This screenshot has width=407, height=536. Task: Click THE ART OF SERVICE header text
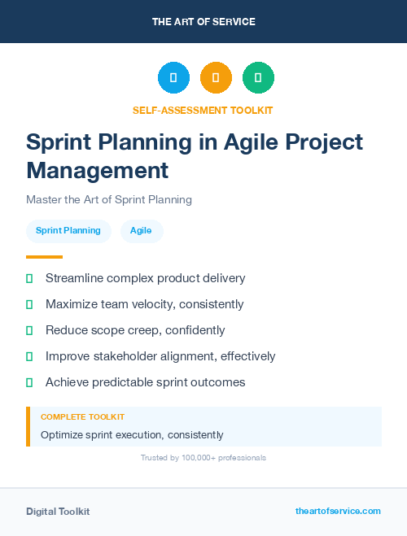pyautogui.click(x=203, y=22)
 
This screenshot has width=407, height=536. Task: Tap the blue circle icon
pyautogui.click(x=173, y=78)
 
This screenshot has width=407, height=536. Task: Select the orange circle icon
pyautogui.click(x=216, y=78)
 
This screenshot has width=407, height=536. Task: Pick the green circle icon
pyautogui.click(x=258, y=78)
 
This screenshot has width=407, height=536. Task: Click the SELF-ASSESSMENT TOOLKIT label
pyautogui.click(x=203, y=110)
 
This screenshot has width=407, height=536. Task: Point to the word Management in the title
pyautogui.click(x=97, y=171)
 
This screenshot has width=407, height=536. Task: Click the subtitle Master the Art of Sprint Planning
pyautogui.click(x=108, y=199)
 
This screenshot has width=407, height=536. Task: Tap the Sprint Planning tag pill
pyautogui.click(x=68, y=231)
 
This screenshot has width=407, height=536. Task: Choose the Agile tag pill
pyautogui.click(x=142, y=231)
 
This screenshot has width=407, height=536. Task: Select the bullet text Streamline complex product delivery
pyautogui.click(x=145, y=278)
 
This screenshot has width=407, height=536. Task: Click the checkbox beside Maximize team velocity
pyautogui.click(x=29, y=304)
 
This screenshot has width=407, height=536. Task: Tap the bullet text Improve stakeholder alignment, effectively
pyautogui.click(x=160, y=356)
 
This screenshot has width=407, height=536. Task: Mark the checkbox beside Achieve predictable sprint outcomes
pyautogui.click(x=29, y=382)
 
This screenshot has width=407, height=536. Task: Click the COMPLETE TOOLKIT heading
pyautogui.click(x=82, y=416)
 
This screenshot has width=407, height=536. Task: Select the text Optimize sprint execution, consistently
pyautogui.click(x=132, y=435)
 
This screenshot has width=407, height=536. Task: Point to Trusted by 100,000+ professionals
pyautogui.click(x=203, y=458)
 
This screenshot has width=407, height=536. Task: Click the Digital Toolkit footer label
pyautogui.click(x=58, y=512)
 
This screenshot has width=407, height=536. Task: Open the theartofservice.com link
pyautogui.click(x=338, y=511)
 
